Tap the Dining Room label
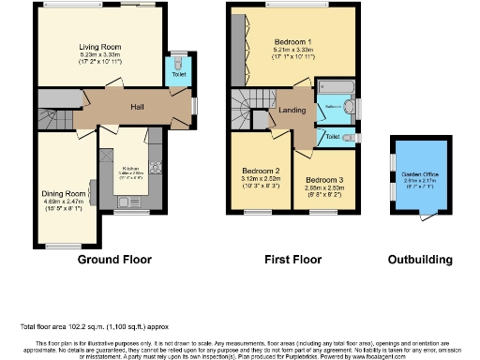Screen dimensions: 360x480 coord(64,194)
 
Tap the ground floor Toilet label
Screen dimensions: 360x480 coord(178,73)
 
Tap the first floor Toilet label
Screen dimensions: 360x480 coord(333,137)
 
